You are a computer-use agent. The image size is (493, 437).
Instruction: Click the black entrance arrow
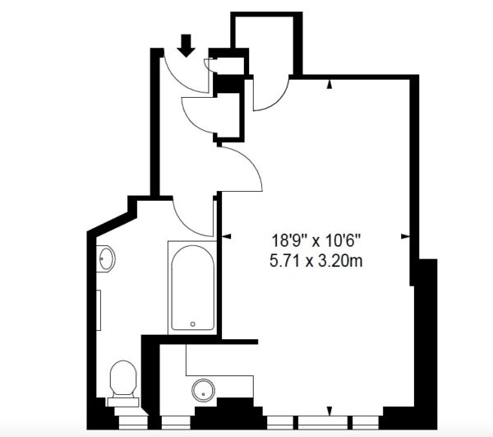click(x=186, y=45)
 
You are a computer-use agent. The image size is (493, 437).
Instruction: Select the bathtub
click(x=193, y=288)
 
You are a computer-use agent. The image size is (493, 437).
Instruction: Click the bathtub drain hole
click(x=193, y=324)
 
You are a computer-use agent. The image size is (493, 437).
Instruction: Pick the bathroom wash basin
click(x=106, y=258)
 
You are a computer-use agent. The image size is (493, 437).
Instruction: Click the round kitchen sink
click(x=204, y=390)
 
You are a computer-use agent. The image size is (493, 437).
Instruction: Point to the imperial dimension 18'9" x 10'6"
click(x=316, y=241)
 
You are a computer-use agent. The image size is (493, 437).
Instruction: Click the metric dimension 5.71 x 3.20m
click(x=316, y=261)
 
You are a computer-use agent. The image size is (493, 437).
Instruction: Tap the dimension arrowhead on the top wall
click(x=329, y=84)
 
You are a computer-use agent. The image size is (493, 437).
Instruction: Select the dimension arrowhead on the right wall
click(x=405, y=236)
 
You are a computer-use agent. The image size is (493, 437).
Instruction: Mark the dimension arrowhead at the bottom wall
click(x=329, y=411)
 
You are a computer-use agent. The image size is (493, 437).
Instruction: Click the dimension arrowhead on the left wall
click(x=227, y=236)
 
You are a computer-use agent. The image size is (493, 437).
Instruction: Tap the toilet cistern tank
click(x=123, y=402)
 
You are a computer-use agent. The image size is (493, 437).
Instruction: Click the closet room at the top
click(x=264, y=45)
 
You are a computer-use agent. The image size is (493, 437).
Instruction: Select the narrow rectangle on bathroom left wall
click(x=99, y=310)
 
